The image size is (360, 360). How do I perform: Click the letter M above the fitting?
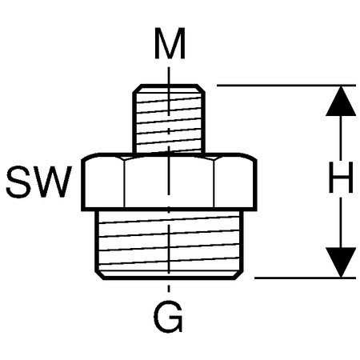tap(170, 43)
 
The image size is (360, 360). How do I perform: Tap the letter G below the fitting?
tap(168, 316)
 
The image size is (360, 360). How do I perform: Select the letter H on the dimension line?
tap(341, 177)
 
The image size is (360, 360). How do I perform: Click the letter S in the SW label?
tap(18, 182)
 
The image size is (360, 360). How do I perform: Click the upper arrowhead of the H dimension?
tap(341, 101)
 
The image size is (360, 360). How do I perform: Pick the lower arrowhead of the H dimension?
tap(341, 262)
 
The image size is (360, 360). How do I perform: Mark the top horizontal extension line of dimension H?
tap(286, 86)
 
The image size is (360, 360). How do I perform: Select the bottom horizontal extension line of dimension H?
tap(305, 278)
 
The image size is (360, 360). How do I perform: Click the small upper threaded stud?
tap(169, 118)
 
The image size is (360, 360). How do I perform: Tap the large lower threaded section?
tap(169, 245)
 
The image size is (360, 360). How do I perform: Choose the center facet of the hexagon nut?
tap(169, 182)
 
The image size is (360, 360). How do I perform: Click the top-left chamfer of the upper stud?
tap(137, 89)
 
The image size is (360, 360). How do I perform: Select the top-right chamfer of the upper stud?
tap(201, 89)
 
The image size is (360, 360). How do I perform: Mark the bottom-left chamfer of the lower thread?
tap(99, 275)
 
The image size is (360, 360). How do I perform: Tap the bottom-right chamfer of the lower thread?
tap(238, 275)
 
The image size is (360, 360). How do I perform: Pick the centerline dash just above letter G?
tap(169, 289)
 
